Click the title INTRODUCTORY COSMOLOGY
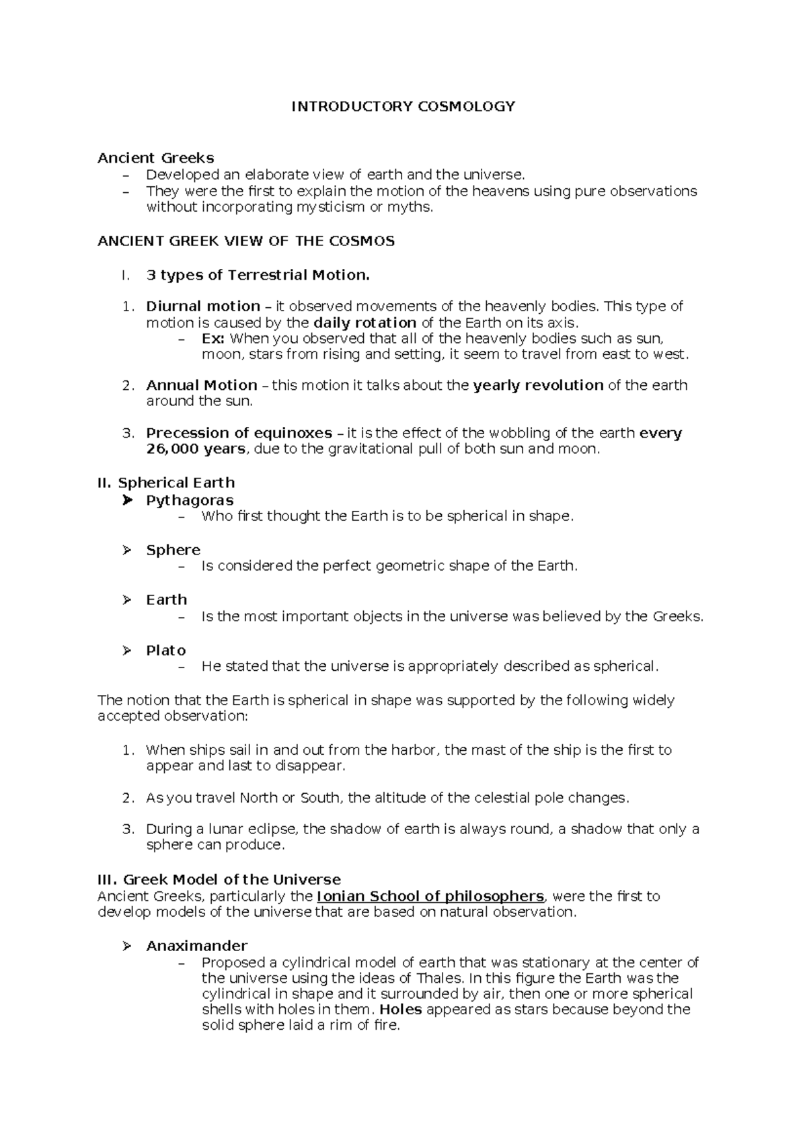click(x=403, y=106)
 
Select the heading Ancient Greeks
click(x=155, y=158)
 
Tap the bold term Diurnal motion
click(x=203, y=307)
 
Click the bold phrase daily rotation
click(x=365, y=323)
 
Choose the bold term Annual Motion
click(x=202, y=386)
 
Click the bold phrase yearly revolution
click(x=538, y=386)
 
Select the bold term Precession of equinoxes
click(x=239, y=434)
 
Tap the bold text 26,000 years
click(x=196, y=449)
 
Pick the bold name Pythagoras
click(x=190, y=501)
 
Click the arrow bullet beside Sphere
click(x=127, y=550)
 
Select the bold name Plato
click(x=166, y=651)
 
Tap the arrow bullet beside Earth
click(x=127, y=600)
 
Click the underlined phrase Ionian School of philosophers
click(x=430, y=897)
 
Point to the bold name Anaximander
click(x=197, y=946)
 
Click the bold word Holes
click(x=401, y=1010)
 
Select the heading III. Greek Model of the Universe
click(x=219, y=880)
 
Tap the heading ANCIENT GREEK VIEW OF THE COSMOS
click(x=246, y=241)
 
